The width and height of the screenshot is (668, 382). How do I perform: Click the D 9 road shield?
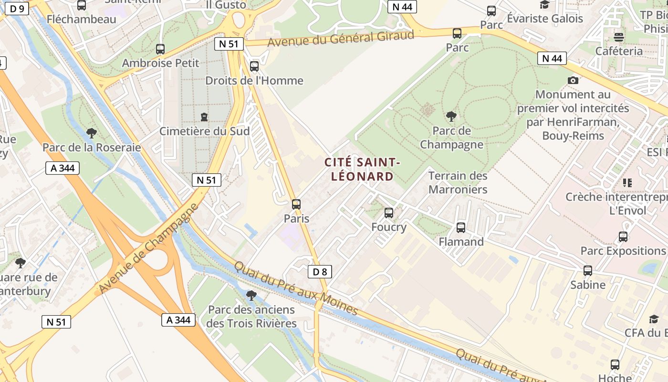pyautogui.click(x=17, y=8)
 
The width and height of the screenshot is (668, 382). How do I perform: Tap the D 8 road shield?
pyautogui.click(x=320, y=272)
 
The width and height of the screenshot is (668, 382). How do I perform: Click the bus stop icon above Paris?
pyautogui.click(x=296, y=204)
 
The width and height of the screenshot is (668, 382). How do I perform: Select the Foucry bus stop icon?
pyautogui.click(x=389, y=213)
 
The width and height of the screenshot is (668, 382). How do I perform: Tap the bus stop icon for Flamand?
pyautogui.click(x=461, y=228)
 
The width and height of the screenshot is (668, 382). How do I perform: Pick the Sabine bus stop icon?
pyautogui.click(x=588, y=271)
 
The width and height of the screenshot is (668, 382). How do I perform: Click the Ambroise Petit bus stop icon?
pyautogui.click(x=160, y=49)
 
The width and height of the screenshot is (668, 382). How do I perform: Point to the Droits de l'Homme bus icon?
pyautogui.click(x=254, y=66)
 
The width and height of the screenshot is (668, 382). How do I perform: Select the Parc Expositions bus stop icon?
pyautogui.click(x=623, y=237)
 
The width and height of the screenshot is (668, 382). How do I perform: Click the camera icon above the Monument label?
pyautogui.click(x=573, y=80)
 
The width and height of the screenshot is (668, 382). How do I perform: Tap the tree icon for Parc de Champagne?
pyautogui.click(x=451, y=116)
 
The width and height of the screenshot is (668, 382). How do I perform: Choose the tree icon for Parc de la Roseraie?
pyautogui.click(x=92, y=133)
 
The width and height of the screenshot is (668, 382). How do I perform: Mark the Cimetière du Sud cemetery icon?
pyautogui.click(x=204, y=117)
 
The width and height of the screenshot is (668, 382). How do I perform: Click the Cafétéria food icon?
pyautogui.click(x=619, y=36)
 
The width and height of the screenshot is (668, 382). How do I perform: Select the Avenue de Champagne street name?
pyautogui.click(x=148, y=248)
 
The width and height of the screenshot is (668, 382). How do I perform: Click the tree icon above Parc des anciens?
pyautogui.click(x=251, y=296)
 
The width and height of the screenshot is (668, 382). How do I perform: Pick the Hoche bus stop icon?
pyautogui.click(x=615, y=365)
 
